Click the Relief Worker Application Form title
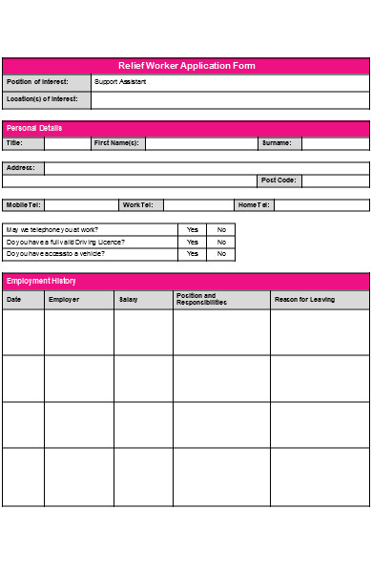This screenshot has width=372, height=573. pos(186,66)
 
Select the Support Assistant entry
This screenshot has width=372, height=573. pos(120,82)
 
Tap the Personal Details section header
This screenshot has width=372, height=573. pos(28,127)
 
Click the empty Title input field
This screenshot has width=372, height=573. pos(67,143)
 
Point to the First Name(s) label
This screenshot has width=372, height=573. pos(116,143)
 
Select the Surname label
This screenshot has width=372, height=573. pos(277,143)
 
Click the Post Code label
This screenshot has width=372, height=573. pos(279,180)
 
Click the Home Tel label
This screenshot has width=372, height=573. pos(254,204)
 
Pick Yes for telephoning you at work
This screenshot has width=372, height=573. pos(193,229)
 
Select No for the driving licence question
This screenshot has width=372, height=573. pos(221,242)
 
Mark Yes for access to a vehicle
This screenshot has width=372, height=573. pos(193,253)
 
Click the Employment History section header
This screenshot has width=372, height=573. pos(41,281)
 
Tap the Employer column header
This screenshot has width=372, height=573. pos(64,300)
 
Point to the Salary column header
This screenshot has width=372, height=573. pos(128,300)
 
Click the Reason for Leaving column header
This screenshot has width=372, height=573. pos(304,300)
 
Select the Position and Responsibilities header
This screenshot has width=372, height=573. pos(201,300)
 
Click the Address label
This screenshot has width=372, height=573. pos(21,168)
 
